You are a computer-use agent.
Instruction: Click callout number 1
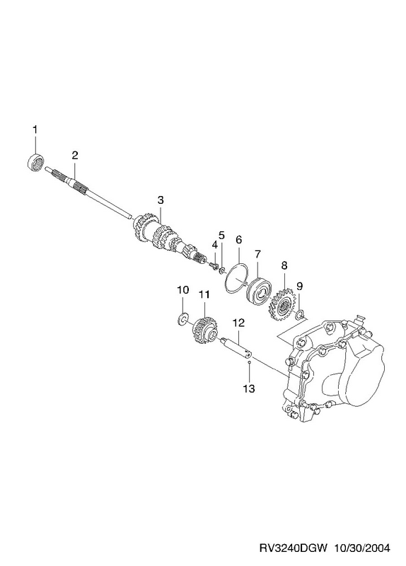click(35, 129)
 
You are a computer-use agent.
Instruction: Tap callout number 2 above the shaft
click(75, 155)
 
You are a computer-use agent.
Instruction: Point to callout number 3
click(161, 200)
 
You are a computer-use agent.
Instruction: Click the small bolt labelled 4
click(213, 266)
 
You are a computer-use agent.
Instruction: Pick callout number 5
click(221, 236)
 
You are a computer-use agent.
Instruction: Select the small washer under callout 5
click(222, 270)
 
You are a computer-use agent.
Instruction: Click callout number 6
click(239, 240)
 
